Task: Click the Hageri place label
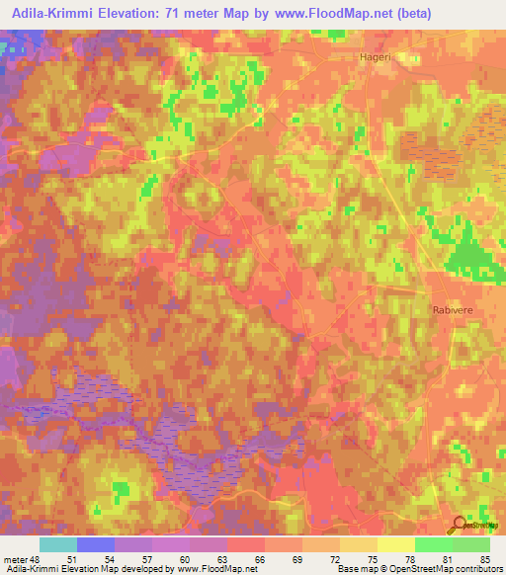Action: (374, 58)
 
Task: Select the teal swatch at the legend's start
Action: (57, 545)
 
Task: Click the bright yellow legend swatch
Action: (395, 545)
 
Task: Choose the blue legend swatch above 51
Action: (95, 545)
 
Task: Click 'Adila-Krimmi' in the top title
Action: (50, 14)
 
